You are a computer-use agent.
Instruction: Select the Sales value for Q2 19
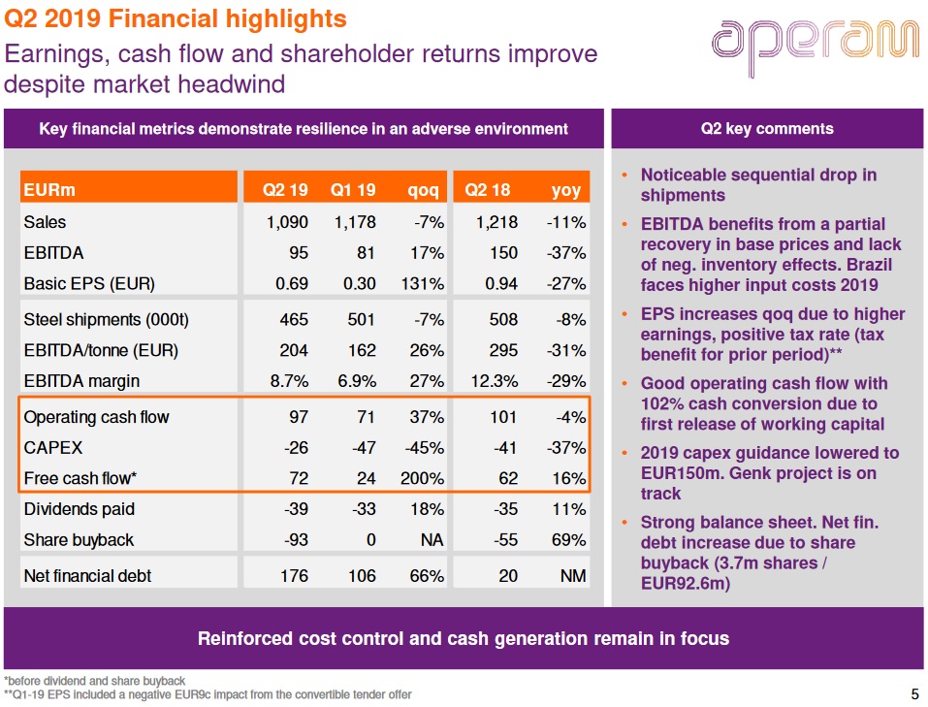[287, 222]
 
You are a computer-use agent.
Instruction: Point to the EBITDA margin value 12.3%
[494, 381]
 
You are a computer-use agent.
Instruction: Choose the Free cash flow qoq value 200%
[422, 478]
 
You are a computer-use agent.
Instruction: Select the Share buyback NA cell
[432, 540]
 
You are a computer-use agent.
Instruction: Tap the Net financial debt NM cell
[573, 576]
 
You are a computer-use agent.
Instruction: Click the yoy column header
[566, 190]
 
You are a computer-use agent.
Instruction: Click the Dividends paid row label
[79, 509]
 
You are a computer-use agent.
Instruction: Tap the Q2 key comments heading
[766, 128]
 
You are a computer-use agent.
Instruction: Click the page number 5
[914, 693]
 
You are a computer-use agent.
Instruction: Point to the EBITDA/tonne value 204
[294, 350]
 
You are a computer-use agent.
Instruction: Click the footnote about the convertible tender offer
[208, 694]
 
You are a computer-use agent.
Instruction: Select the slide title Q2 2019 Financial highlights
[176, 18]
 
